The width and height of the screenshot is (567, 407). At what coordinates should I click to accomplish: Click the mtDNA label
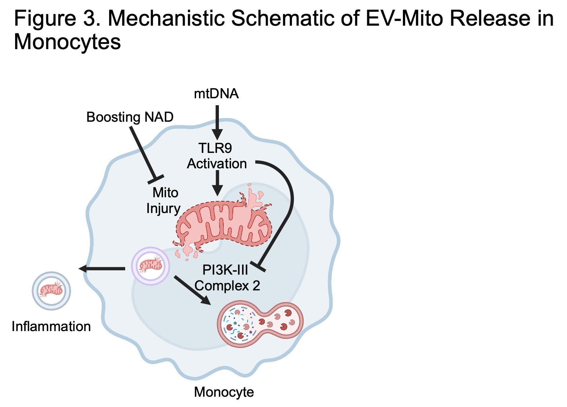pyautogui.click(x=216, y=94)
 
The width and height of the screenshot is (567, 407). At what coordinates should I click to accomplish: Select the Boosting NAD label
pyautogui.click(x=130, y=117)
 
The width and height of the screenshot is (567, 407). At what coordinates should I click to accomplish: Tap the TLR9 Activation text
pyautogui.click(x=217, y=156)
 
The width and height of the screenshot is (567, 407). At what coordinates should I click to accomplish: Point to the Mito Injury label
pyautogui.click(x=164, y=200)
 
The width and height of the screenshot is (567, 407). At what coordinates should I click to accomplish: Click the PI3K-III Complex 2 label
pyautogui.click(x=227, y=278)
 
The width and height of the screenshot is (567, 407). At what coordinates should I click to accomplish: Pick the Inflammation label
pyautogui.click(x=51, y=326)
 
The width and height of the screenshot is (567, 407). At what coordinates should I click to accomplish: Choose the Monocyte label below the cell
pyautogui.click(x=224, y=392)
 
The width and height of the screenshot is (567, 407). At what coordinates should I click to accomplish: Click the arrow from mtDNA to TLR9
pyautogui.click(x=217, y=121)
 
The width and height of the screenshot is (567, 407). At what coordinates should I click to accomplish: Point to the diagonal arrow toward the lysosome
pyautogui.click(x=192, y=290)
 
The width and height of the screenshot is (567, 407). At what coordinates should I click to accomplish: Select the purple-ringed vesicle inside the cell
pyautogui.click(x=151, y=265)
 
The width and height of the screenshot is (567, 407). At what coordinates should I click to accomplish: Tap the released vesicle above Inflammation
pyautogui.click(x=51, y=291)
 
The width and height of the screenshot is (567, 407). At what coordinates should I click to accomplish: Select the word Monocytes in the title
pyautogui.click(x=67, y=42)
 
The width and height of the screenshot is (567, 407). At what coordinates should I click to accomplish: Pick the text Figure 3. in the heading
pyautogui.click(x=57, y=18)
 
